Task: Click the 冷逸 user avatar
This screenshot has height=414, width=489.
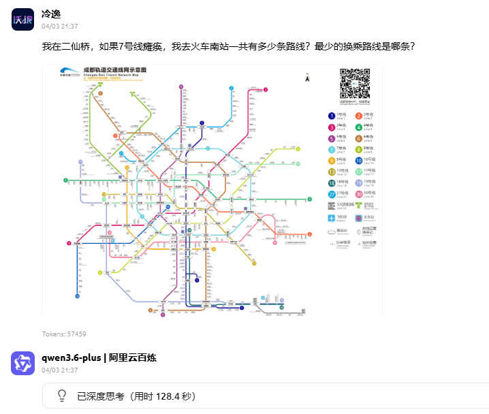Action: [x=22, y=20]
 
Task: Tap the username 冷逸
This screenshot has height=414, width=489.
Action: [x=51, y=14]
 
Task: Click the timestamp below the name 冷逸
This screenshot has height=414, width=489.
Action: [x=59, y=27]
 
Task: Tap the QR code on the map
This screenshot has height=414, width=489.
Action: [x=354, y=83]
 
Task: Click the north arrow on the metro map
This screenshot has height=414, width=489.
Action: [x=307, y=79]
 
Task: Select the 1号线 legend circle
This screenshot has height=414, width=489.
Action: [x=332, y=116]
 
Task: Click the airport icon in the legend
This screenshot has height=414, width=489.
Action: [x=332, y=218]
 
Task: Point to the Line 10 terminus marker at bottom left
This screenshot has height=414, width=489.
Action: [x=77, y=297]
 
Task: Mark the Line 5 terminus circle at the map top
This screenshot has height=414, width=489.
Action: [x=181, y=87]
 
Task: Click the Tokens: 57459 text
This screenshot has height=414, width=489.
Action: [x=64, y=334]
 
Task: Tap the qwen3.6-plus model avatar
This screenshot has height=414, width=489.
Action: [x=22, y=363]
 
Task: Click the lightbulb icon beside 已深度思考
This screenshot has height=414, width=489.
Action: [x=61, y=396]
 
